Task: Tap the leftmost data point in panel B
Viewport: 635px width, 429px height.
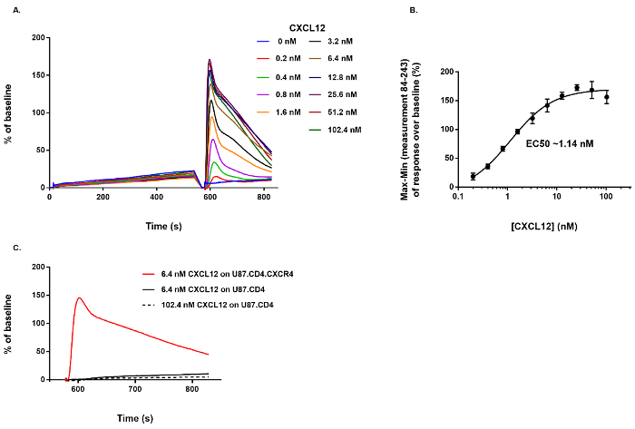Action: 473,176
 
